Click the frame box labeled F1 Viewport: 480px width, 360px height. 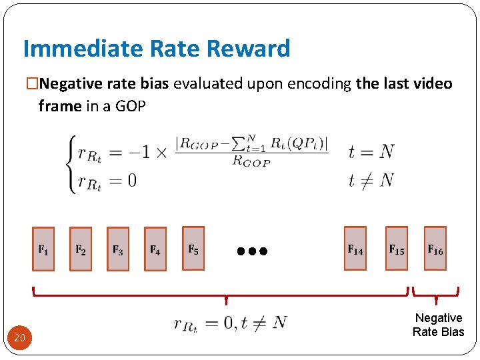[43, 249]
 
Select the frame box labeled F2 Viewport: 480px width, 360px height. [81, 249]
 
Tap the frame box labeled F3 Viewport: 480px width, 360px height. [118, 249]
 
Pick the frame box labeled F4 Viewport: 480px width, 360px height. [155, 249]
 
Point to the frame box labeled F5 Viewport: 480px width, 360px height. [193, 248]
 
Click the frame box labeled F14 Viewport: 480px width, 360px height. [355, 249]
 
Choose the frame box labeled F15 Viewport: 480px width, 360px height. [397, 249]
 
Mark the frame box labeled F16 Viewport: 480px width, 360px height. [435, 249]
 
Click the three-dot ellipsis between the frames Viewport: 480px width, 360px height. [252, 251]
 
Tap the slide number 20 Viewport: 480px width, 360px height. [20, 338]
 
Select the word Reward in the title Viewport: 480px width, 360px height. [248, 49]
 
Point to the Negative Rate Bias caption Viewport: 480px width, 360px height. [438, 325]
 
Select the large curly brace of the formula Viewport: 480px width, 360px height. [69, 165]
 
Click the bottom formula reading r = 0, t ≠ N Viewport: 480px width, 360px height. [230, 323]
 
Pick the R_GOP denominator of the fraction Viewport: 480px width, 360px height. [251, 161]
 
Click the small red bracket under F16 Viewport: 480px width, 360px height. [436, 292]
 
